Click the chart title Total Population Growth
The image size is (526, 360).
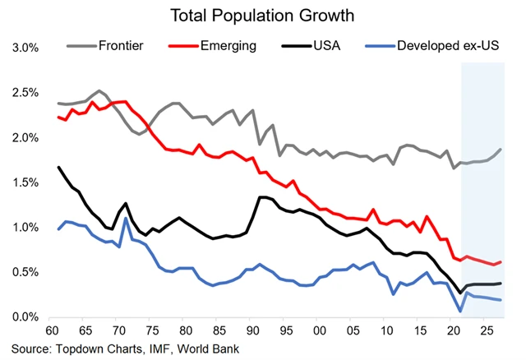[x=263, y=15]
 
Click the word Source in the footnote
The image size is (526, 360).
[x=30, y=348]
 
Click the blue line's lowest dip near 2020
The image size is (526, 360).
[x=461, y=311]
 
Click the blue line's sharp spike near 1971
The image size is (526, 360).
[x=126, y=219]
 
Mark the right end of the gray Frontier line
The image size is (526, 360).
[x=500, y=150]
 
